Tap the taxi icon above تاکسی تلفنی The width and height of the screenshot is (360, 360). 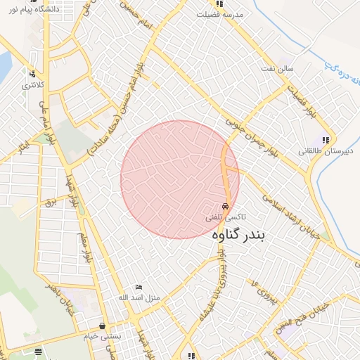[x=224, y=207]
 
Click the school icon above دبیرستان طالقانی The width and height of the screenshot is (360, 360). [x=326, y=140]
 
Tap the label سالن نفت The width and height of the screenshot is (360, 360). [x=287, y=69]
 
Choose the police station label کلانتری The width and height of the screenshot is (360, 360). [x=32, y=85]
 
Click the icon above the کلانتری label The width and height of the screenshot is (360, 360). [x=32, y=73]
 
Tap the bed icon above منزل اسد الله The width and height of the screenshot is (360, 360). [x=139, y=287]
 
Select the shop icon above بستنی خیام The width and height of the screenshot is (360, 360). [x=103, y=326]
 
